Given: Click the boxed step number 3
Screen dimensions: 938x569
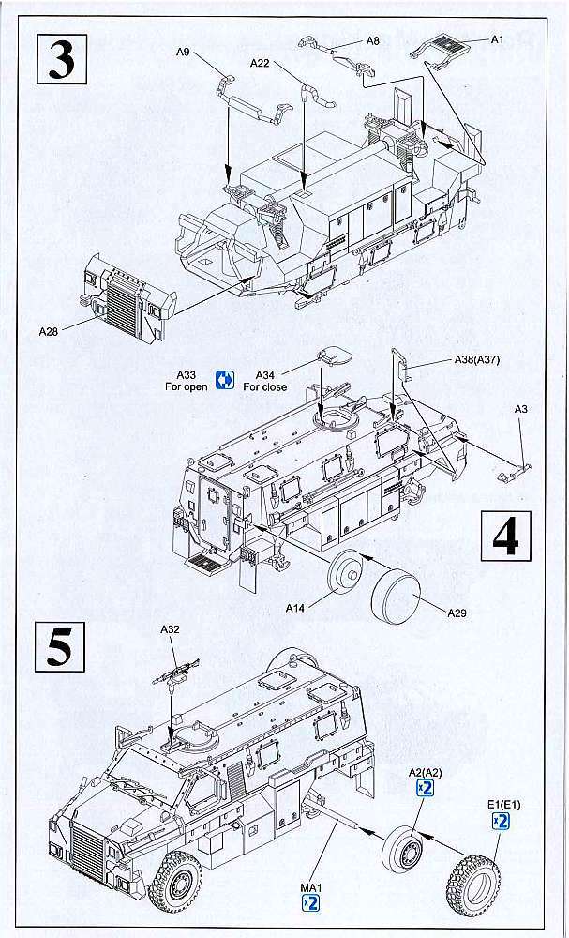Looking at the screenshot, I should [61, 59].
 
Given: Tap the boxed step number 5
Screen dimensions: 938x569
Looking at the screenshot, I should [60, 648].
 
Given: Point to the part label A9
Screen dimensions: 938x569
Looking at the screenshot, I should [183, 53].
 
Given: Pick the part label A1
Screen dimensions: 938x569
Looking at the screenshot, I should [498, 38].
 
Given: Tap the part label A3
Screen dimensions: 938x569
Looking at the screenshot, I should [522, 408].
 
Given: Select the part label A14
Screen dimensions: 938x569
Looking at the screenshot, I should [297, 608].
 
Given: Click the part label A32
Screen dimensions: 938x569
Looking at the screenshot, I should [172, 631].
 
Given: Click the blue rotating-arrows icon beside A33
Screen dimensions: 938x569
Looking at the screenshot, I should [224, 380].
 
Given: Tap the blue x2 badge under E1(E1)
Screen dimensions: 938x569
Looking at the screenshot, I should [502, 822].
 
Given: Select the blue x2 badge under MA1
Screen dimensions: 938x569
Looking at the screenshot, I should [311, 902].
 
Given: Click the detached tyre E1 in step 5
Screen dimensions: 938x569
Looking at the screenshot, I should [472, 880].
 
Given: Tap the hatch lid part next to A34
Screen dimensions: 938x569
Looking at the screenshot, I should [330, 356].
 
